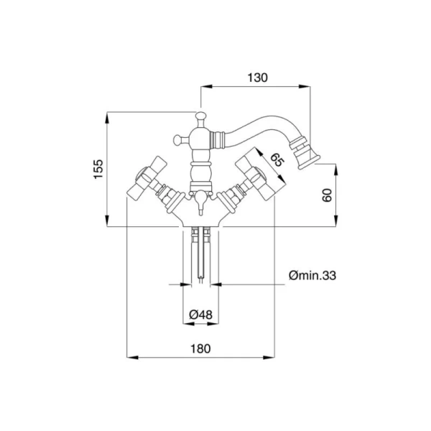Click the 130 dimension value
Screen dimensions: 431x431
pos(258,78)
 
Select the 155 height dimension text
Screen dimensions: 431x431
pos(98,169)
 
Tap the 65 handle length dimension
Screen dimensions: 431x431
pos(277,159)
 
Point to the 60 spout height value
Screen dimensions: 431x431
pos(327,195)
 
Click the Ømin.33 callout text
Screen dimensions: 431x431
pos(312,275)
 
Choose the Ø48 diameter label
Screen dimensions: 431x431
pos(200,315)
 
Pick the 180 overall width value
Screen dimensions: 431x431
pos(200,349)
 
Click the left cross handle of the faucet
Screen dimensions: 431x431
pos(147,177)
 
